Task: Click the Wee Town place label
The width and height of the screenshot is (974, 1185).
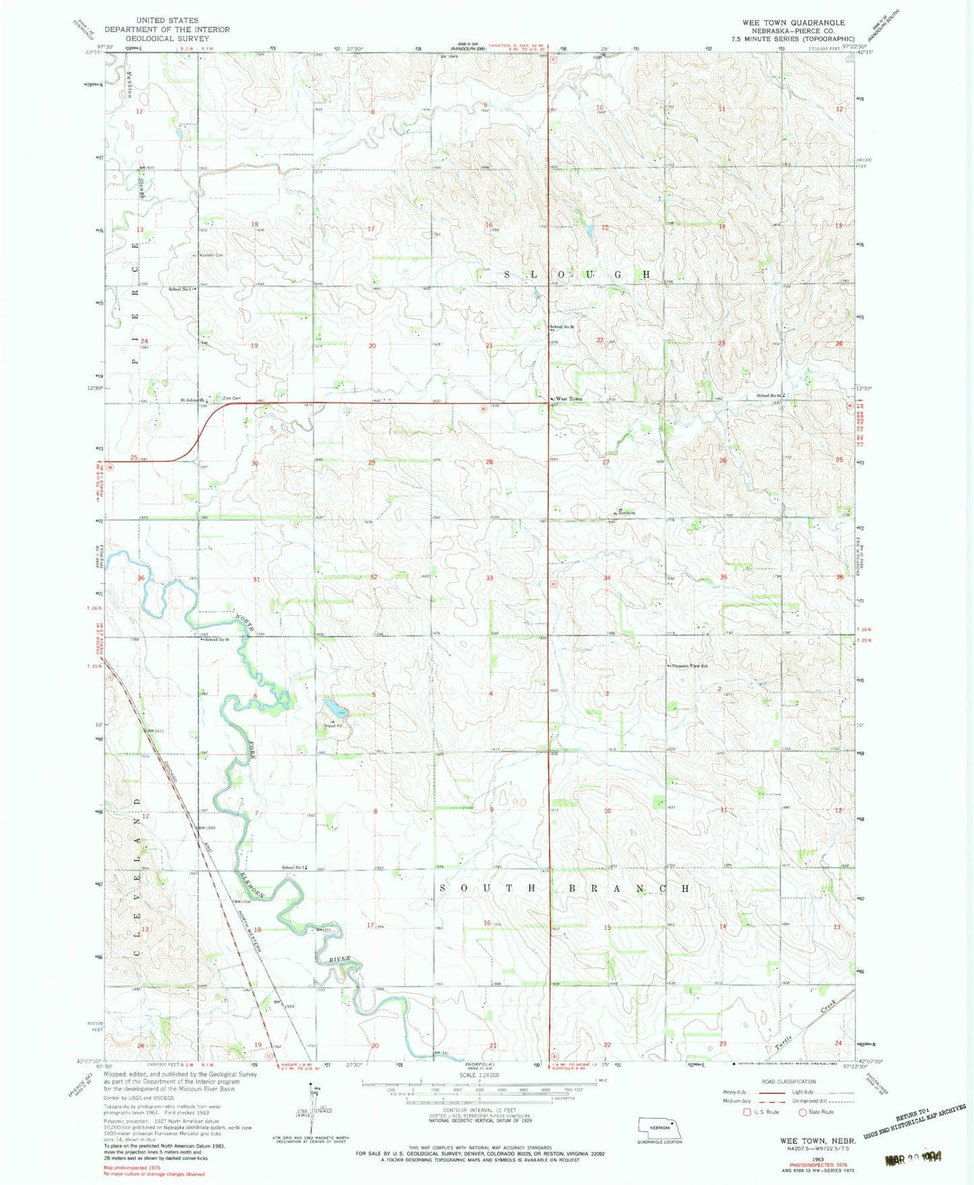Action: pos(569,399)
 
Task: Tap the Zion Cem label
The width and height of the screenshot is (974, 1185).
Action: pos(231,399)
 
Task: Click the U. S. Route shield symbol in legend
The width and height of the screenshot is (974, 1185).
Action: pos(746,1112)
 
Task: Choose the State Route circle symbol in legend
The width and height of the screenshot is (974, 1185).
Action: pos(803,1112)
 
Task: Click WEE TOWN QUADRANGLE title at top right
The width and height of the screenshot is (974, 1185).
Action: pos(793,22)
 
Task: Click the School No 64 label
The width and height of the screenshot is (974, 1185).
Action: pos(768,396)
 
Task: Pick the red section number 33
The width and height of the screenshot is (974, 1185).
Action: pos(489,578)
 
